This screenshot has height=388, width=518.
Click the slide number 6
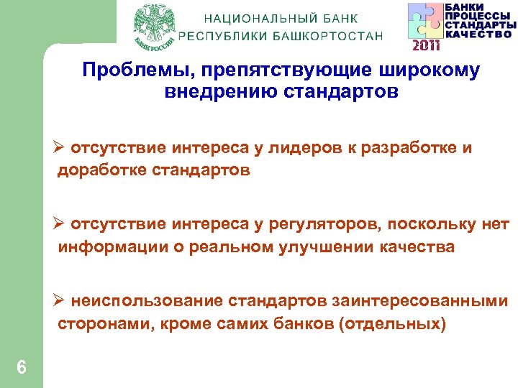tap(22, 367)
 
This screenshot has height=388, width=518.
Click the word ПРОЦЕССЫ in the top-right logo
tap(478, 16)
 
